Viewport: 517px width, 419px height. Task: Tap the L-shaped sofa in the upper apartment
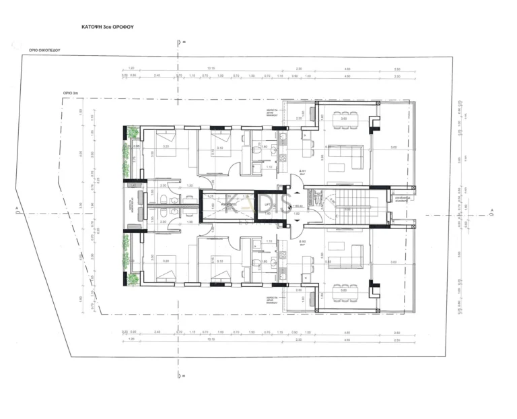[x=350, y=156]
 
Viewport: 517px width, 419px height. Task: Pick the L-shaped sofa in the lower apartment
[x=350, y=256]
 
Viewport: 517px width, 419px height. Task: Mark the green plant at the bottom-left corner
[x=133, y=278]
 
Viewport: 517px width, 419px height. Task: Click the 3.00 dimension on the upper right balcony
[x=394, y=148]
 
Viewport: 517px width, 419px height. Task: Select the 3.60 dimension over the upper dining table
[x=343, y=119]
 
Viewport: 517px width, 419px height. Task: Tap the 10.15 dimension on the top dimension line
[x=211, y=68]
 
